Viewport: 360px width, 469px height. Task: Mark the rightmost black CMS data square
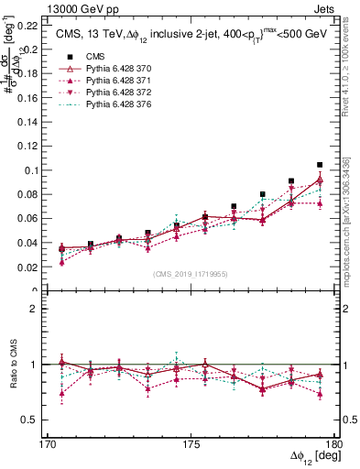click(x=320, y=165)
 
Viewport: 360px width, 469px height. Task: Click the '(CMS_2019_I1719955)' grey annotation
click(x=192, y=273)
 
